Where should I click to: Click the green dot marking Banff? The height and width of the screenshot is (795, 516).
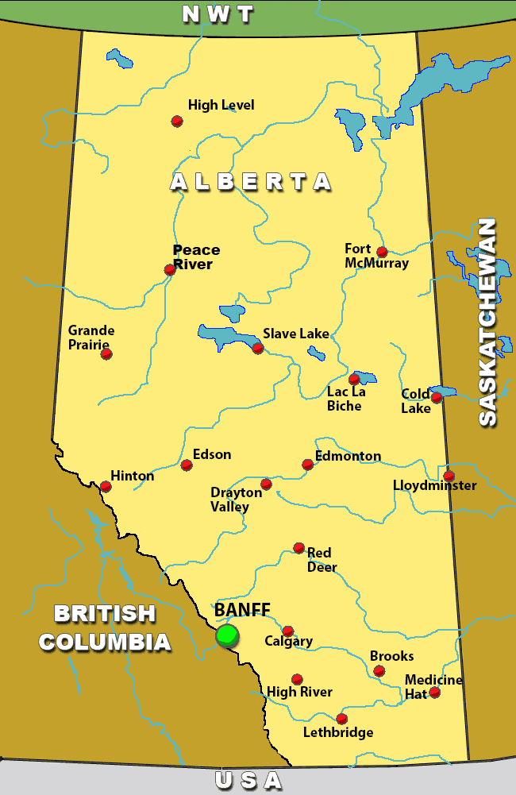pyautogui.click(x=227, y=635)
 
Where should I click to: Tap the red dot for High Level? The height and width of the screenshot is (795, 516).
pyautogui.click(x=177, y=121)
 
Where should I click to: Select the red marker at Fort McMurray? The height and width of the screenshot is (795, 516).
pyautogui.click(x=382, y=252)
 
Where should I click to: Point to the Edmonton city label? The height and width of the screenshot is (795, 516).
pyautogui.click(x=348, y=456)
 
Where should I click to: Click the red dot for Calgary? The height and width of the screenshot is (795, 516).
pyautogui.click(x=288, y=631)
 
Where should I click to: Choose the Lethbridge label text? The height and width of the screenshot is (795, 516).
pyautogui.click(x=338, y=732)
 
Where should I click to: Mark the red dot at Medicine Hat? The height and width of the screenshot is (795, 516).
pyautogui.click(x=434, y=693)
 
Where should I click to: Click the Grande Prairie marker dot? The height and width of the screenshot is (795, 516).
pyautogui.click(x=106, y=353)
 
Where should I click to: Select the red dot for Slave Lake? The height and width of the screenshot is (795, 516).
pyautogui.click(x=258, y=348)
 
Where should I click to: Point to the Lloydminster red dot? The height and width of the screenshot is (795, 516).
pyautogui.click(x=449, y=476)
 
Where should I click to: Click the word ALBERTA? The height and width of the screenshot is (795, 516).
pyautogui.click(x=251, y=182)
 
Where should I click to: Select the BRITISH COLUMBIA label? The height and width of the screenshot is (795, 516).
pyautogui.click(x=105, y=627)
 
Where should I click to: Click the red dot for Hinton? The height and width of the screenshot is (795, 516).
pyautogui.click(x=106, y=486)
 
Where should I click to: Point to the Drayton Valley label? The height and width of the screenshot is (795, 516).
pyautogui.click(x=236, y=500)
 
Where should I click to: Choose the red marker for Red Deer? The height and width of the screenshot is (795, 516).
pyautogui.click(x=299, y=547)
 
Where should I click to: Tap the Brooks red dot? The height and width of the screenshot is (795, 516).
pyautogui.click(x=379, y=671)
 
